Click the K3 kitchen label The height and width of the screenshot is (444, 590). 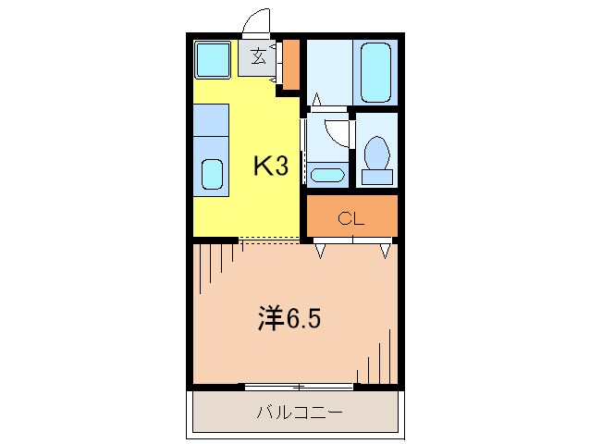[271, 166]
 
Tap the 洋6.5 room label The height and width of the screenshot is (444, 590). [289, 319]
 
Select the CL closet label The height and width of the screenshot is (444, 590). [350, 219]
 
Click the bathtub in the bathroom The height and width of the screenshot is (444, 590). [376, 71]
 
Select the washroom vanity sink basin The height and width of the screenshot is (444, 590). [326, 174]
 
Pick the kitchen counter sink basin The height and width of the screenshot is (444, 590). [212, 174]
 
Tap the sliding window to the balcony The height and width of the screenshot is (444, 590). [299, 385]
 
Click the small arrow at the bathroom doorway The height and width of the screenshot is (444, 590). [315, 97]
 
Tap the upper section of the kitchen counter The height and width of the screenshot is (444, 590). [211, 119]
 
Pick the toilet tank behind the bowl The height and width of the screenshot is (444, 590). [376, 176]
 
